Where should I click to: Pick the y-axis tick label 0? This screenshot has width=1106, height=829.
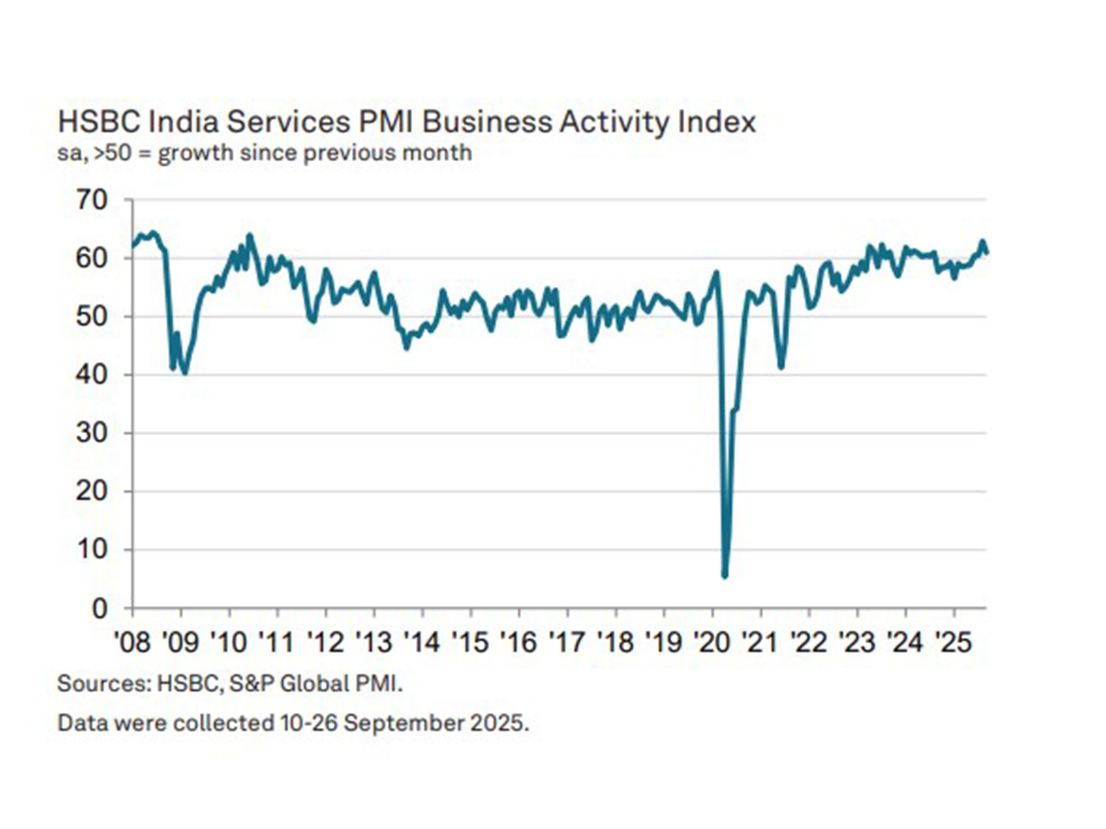pyautogui.click(x=100, y=609)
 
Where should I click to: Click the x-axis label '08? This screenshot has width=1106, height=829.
pyautogui.click(x=132, y=642)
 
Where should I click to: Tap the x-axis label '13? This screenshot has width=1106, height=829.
pyautogui.click(x=373, y=642)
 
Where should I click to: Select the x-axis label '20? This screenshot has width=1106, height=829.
pyautogui.click(x=712, y=642)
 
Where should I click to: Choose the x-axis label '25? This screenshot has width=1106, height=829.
pyautogui.click(x=954, y=642)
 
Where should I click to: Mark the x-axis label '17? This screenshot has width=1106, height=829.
pyautogui.click(x=567, y=642)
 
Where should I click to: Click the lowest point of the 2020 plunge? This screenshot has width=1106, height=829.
pyautogui.click(x=724, y=575)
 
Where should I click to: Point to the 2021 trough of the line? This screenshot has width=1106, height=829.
pyautogui.click(x=781, y=367)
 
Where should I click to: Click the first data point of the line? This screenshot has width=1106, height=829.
pyautogui.click(x=133, y=246)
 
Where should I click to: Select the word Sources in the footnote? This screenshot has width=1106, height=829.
pyautogui.click(x=103, y=684)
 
